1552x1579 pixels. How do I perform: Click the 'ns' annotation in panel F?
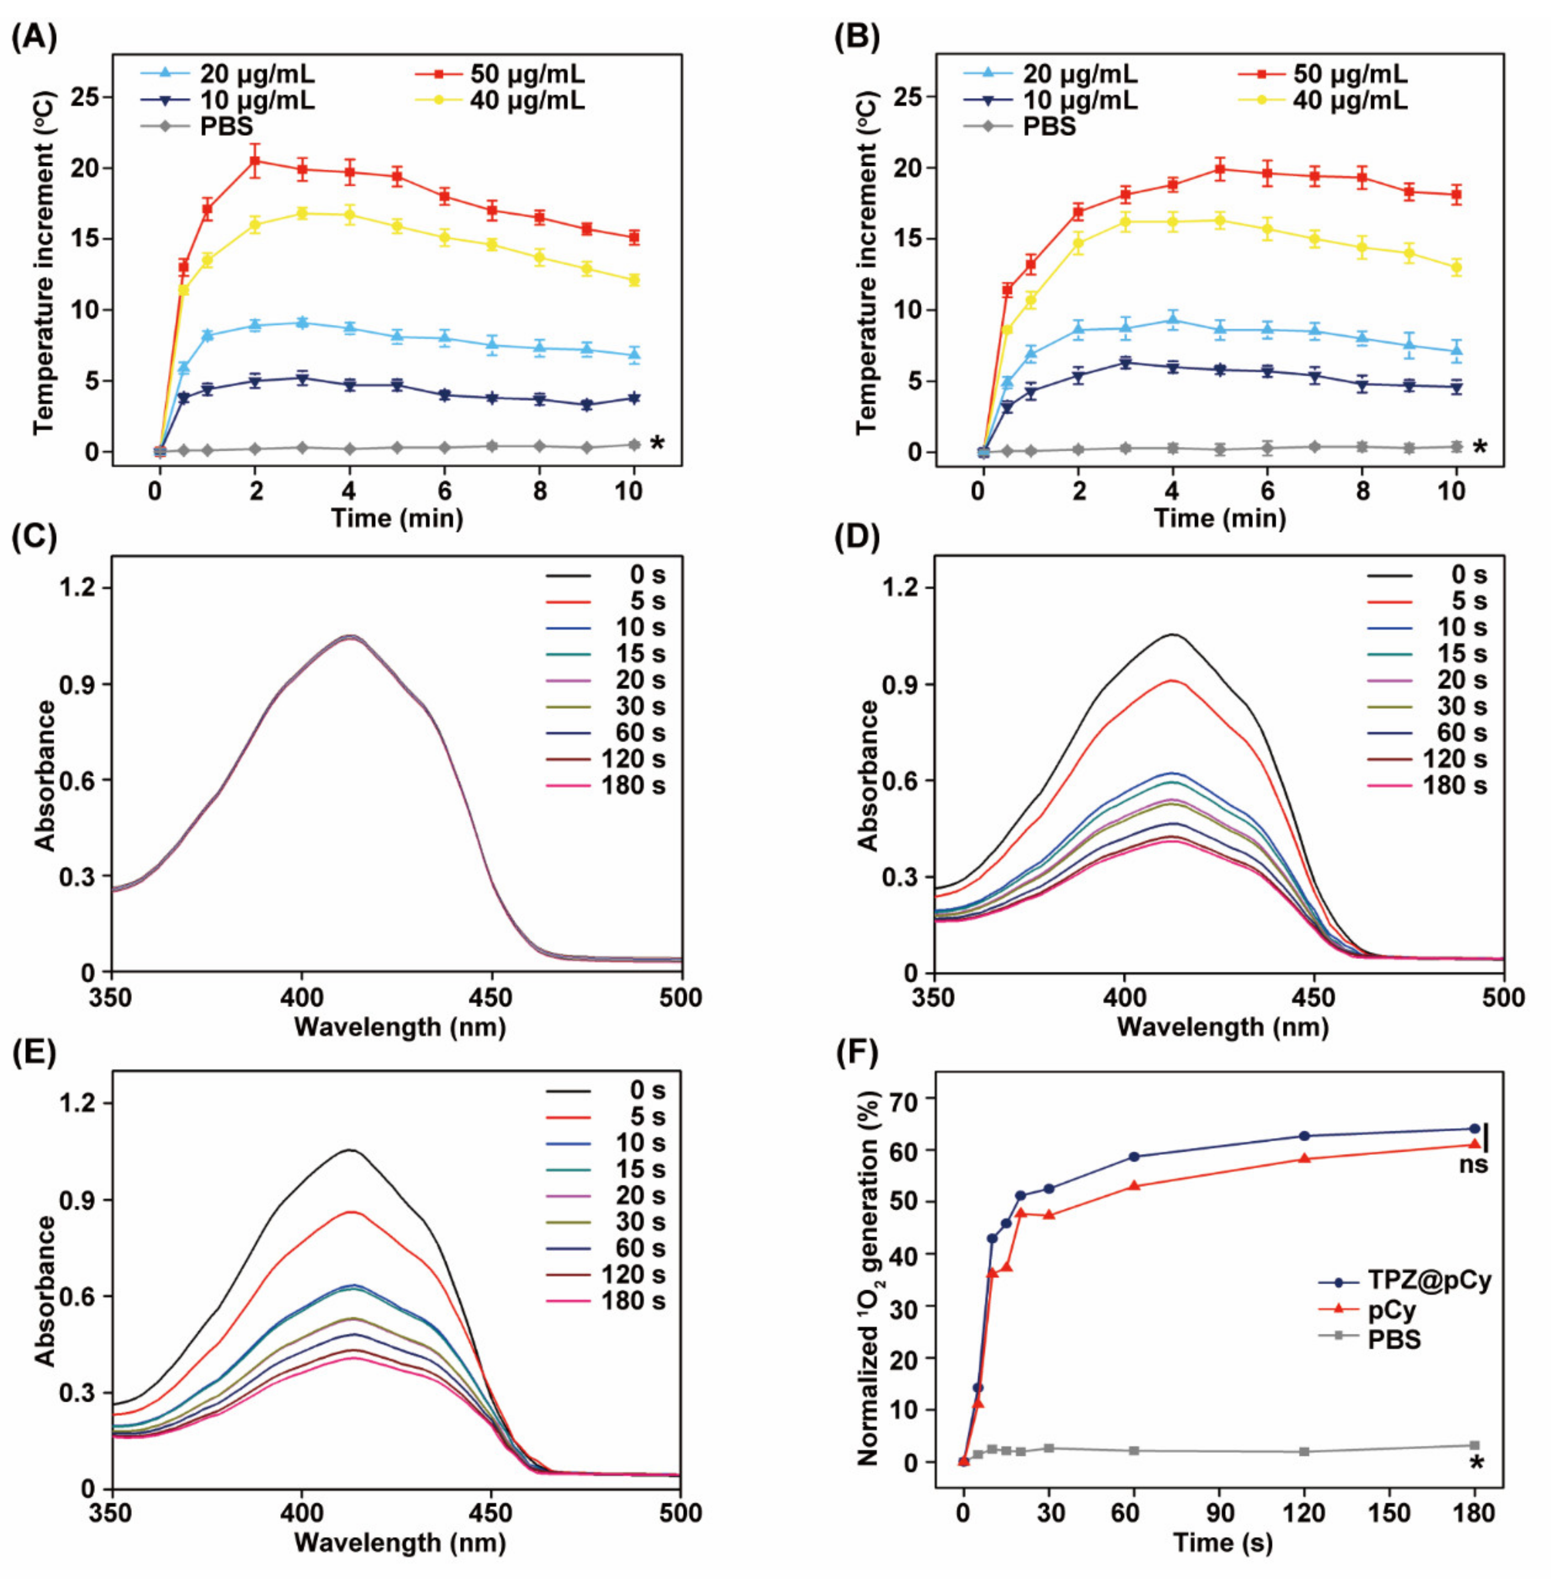[1474, 1165]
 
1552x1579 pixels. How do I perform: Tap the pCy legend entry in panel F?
[1392, 1310]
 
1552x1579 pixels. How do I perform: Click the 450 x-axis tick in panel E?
[491, 1513]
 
